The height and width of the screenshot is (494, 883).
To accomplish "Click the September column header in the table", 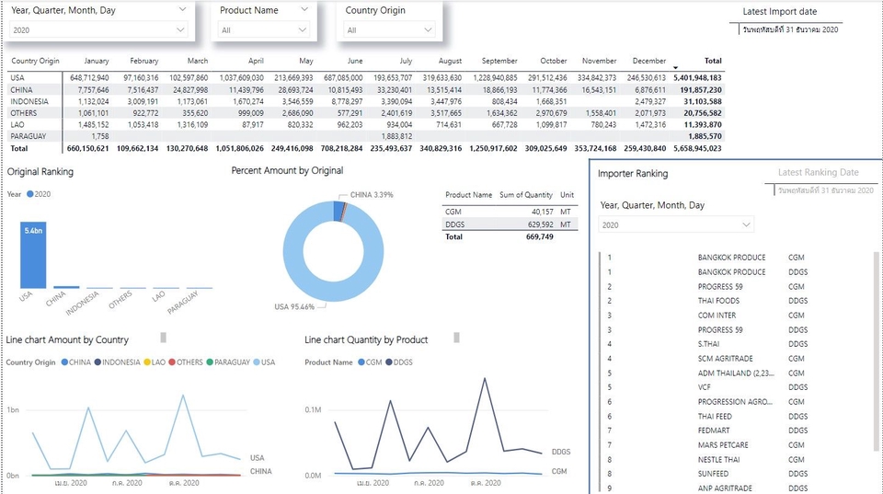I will pos(499,61).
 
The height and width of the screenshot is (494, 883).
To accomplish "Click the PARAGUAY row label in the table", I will pos(29,135).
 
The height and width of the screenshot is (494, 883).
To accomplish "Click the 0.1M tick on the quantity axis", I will pos(314,409).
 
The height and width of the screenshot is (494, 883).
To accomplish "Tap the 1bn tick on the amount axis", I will pos(14,409).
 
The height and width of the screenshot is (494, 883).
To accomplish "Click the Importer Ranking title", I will pos(633,173).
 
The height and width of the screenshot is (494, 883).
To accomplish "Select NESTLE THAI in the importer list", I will pos(718,459).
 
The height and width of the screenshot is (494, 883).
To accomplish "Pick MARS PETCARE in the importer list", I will pos(723,445).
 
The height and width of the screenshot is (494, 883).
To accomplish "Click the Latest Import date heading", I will pos(780,12).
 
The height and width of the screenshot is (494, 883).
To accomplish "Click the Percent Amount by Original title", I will pos(287,170).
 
